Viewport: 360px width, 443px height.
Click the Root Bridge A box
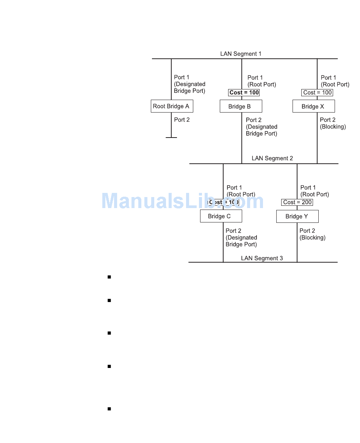[172, 106]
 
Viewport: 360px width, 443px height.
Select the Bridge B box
[241, 106]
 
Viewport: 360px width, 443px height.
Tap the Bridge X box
[313, 106]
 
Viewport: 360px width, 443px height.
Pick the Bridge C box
[221, 216]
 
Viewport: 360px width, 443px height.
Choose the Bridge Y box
[297, 216]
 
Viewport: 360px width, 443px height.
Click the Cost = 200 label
[297, 202]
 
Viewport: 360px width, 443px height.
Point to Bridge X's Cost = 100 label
[318, 92]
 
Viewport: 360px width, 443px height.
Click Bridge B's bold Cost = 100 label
[244, 92]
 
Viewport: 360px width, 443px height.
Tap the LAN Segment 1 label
[241, 54]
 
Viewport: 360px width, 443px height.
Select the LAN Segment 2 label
[272, 158]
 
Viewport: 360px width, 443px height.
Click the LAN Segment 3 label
[262, 258]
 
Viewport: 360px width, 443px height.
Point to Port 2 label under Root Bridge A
[182, 120]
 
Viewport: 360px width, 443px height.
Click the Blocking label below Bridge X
[333, 127]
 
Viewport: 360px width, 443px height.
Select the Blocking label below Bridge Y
[312, 238]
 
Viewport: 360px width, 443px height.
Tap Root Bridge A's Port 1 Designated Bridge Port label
[189, 84]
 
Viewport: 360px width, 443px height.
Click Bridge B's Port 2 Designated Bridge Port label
[261, 127]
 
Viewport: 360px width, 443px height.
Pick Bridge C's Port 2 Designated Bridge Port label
[241, 238]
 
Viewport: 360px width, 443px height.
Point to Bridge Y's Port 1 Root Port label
[315, 191]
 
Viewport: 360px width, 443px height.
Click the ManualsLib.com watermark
[183, 201]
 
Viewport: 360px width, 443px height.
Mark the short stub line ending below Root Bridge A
[171, 137]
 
